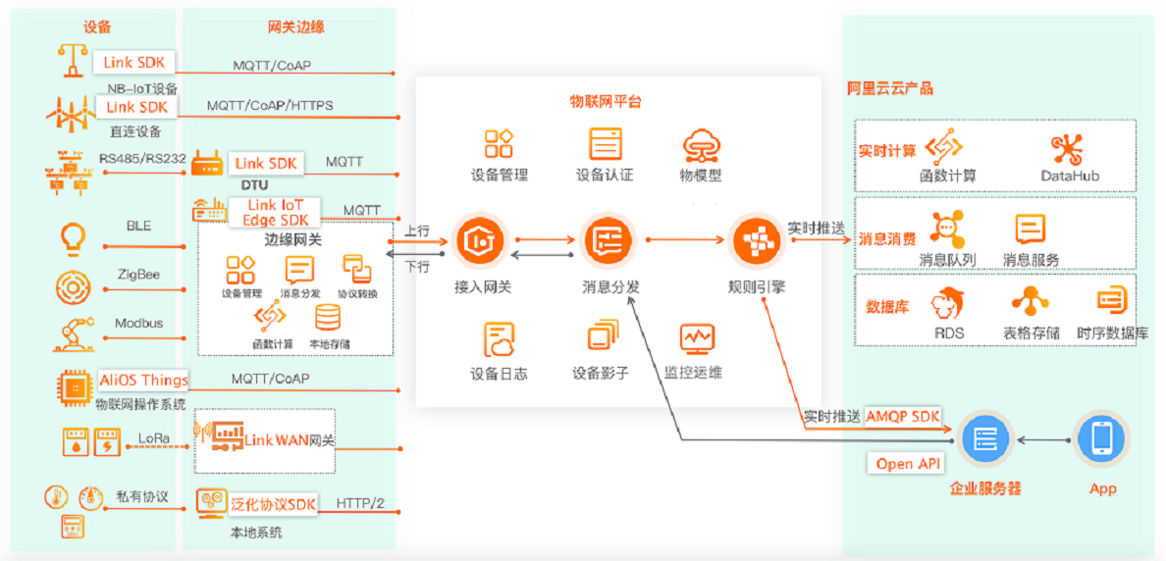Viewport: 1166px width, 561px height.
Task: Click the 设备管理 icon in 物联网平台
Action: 499,144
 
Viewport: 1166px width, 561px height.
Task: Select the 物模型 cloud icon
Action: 702,145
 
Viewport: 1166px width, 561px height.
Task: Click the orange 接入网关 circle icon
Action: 479,239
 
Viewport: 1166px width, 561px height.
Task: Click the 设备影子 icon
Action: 602,338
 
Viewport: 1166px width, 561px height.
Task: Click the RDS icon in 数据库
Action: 949,304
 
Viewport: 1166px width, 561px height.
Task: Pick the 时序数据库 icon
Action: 1112,301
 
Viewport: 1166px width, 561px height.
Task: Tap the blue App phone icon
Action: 1101,438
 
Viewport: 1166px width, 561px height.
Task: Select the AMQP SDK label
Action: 902,416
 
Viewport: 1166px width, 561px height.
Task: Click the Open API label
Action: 909,463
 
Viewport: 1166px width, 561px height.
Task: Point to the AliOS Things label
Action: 143,380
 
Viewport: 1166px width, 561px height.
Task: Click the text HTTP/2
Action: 360,504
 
